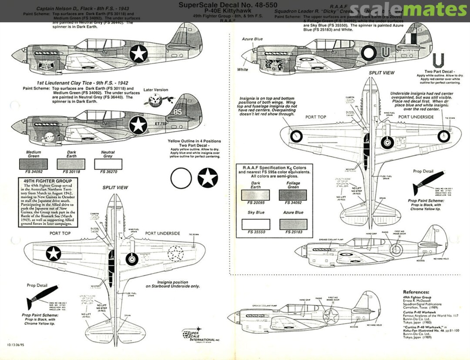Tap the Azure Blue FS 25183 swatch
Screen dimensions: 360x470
[293, 224]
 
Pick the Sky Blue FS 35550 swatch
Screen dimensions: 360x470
[255, 224]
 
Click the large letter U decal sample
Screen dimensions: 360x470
[439, 60]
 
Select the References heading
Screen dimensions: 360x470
[416, 292]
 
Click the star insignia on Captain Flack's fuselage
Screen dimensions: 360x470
[139, 53]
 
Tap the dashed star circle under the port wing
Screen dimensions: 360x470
[176, 253]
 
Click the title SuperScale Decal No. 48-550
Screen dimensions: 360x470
[228, 5]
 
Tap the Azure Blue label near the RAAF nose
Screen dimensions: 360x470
[252, 39]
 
